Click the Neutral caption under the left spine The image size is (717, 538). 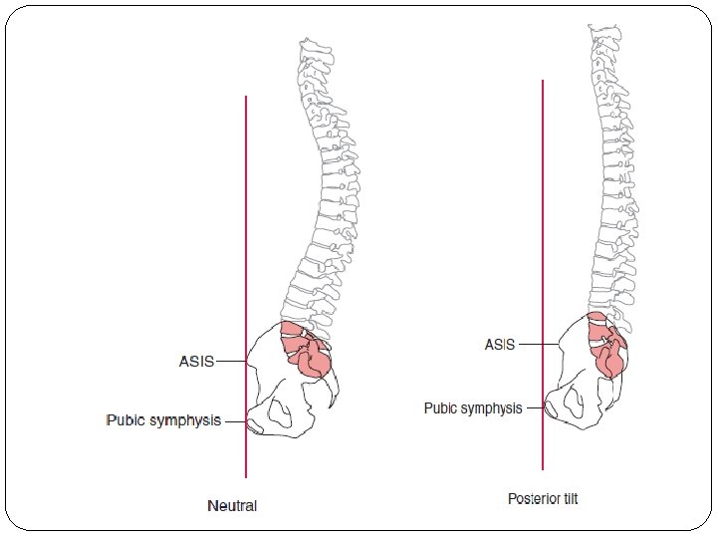(232, 505)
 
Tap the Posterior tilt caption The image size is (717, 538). (542, 498)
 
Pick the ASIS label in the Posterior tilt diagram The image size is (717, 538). (500, 345)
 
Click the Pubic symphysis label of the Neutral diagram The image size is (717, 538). (163, 420)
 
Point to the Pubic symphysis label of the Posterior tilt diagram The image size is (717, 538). (473, 407)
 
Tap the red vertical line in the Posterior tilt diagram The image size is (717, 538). (543, 199)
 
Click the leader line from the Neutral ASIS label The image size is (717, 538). (230, 362)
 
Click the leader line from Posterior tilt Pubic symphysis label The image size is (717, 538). (537, 407)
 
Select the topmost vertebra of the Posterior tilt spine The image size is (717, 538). (602, 31)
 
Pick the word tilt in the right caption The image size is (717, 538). (567, 498)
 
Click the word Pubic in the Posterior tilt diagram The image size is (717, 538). (440, 407)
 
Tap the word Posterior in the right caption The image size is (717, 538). (531, 498)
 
